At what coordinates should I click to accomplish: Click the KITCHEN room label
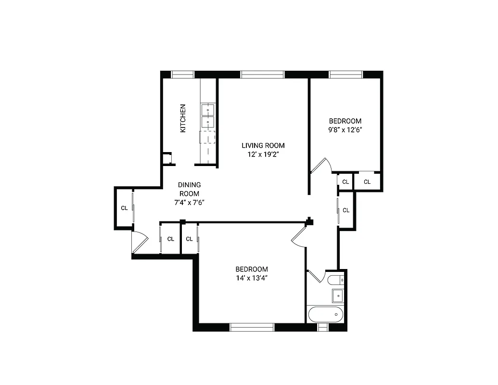183,118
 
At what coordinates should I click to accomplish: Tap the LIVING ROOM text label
263,145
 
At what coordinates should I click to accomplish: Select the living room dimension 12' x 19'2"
263,154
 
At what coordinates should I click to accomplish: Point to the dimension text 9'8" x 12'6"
345,130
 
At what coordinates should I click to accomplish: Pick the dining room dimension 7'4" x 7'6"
190,203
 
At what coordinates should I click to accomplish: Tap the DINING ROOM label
190,189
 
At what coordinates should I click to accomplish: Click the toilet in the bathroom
335,280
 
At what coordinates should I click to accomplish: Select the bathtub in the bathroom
325,314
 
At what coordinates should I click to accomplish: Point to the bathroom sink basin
337,295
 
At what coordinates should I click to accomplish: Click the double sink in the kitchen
207,115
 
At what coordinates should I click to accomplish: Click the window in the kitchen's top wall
183,74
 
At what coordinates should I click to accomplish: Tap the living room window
262,74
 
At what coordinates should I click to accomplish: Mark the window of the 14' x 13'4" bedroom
252,327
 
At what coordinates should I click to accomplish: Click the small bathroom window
323,327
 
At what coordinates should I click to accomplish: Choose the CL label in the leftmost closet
124,208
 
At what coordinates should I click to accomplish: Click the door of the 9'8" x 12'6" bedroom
320,166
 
